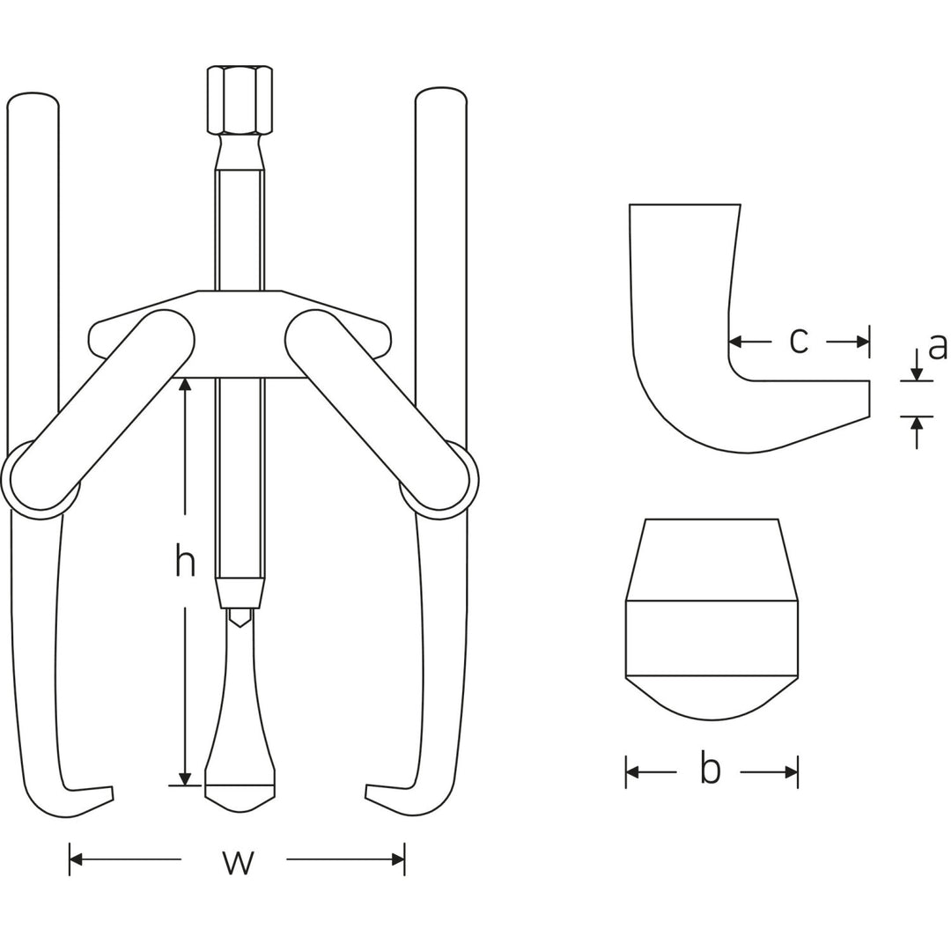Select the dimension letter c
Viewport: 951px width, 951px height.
coord(798,341)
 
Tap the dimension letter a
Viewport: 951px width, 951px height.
coord(938,345)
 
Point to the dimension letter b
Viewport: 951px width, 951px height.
coord(710,769)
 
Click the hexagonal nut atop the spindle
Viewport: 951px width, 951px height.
coord(240,99)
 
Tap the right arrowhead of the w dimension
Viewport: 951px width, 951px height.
coord(398,859)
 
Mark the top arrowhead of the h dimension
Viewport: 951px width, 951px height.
coord(185,385)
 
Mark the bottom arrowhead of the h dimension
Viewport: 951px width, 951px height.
coord(185,778)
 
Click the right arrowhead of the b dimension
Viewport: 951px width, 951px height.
coord(791,772)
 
